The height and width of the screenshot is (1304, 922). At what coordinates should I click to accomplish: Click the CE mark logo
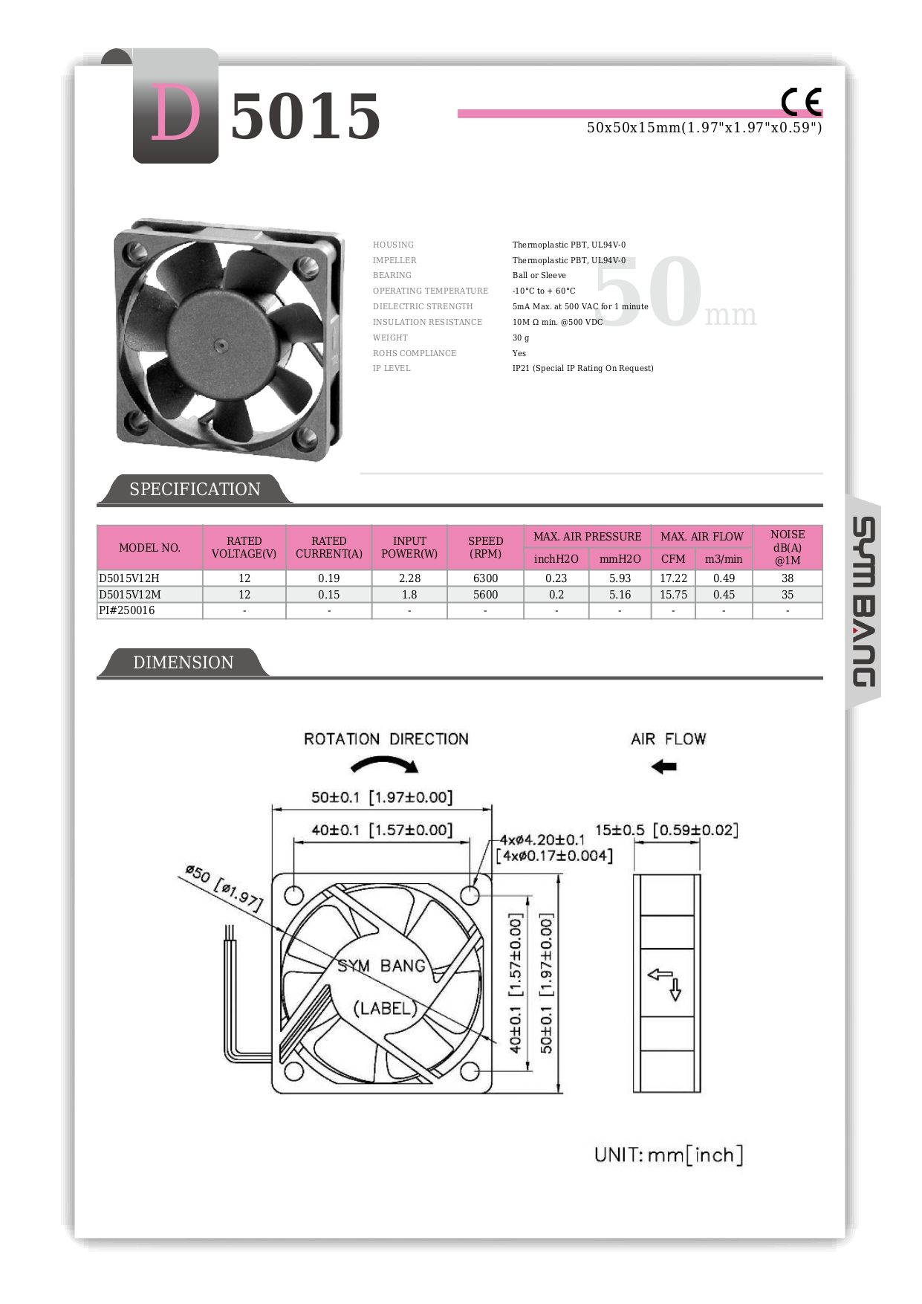pyautogui.click(x=801, y=102)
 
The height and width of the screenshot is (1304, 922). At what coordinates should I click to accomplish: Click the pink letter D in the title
pyautogui.click(x=175, y=113)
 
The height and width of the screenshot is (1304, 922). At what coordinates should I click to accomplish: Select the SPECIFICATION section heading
pyautogui.click(x=195, y=489)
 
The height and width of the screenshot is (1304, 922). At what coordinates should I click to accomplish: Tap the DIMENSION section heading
pyautogui.click(x=183, y=662)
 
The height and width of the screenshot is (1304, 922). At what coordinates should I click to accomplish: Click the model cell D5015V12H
pyautogui.click(x=129, y=578)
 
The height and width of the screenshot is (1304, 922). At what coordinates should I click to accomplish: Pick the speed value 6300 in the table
pyautogui.click(x=485, y=578)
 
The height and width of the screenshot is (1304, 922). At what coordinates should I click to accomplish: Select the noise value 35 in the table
pyautogui.click(x=787, y=595)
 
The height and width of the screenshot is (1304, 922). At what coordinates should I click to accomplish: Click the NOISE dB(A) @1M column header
pyautogui.click(x=787, y=547)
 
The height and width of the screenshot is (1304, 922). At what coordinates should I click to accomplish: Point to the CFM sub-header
pyautogui.click(x=673, y=559)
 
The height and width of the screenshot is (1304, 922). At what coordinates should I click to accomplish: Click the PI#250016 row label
pyautogui.click(x=127, y=610)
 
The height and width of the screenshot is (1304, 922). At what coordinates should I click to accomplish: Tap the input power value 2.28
pyautogui.click(x=409, y=578)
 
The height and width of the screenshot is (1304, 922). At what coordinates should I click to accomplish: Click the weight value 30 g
pyautogui.click(x=521, y=338)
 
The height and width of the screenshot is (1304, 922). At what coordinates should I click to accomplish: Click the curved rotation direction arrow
pyautogui.click(x=385, y=764)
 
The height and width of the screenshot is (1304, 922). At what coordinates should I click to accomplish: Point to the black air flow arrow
pyautogui.click(x=664, y=766)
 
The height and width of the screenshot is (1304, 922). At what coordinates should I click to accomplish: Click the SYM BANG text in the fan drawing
pyautogui.click(x=381, y=966)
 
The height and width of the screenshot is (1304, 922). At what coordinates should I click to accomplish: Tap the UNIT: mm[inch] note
pyautogui.click(x=668, y=1155)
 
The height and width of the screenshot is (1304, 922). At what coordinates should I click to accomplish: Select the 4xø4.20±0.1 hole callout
pyautogui.click(x=542, y=840)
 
